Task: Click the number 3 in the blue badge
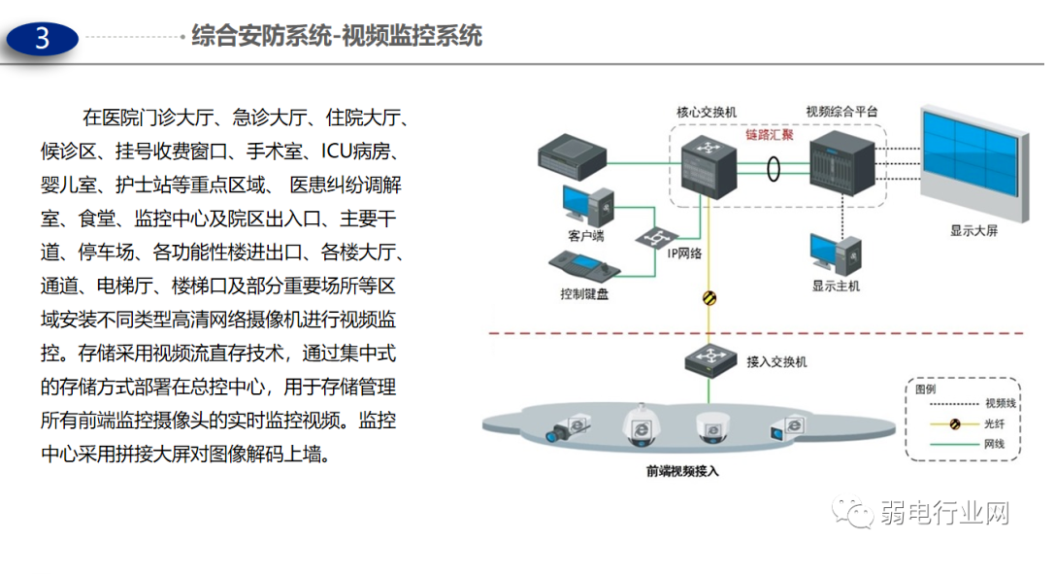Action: click(42, 39)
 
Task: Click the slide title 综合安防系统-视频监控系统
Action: click(336, 38)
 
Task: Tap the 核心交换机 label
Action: click(707, 112)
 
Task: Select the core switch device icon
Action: click(707, 164)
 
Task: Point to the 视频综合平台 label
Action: click(841, 112)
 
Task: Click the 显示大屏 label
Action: click(973, 232)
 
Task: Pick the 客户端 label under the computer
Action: click(586, 235)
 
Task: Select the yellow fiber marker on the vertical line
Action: click(708, 299)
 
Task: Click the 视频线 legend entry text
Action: click(1001, 402)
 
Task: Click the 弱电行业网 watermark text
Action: click(945, 512)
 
